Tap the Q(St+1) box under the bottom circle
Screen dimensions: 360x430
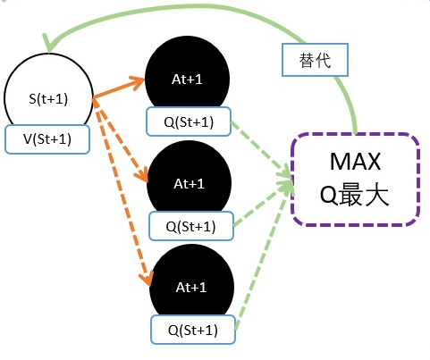192,330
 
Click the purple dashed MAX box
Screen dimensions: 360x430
355,179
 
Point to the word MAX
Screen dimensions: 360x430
355,163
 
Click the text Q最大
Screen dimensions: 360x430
355,196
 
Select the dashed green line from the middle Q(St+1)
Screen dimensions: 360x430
264,203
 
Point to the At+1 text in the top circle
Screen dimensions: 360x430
189,79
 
